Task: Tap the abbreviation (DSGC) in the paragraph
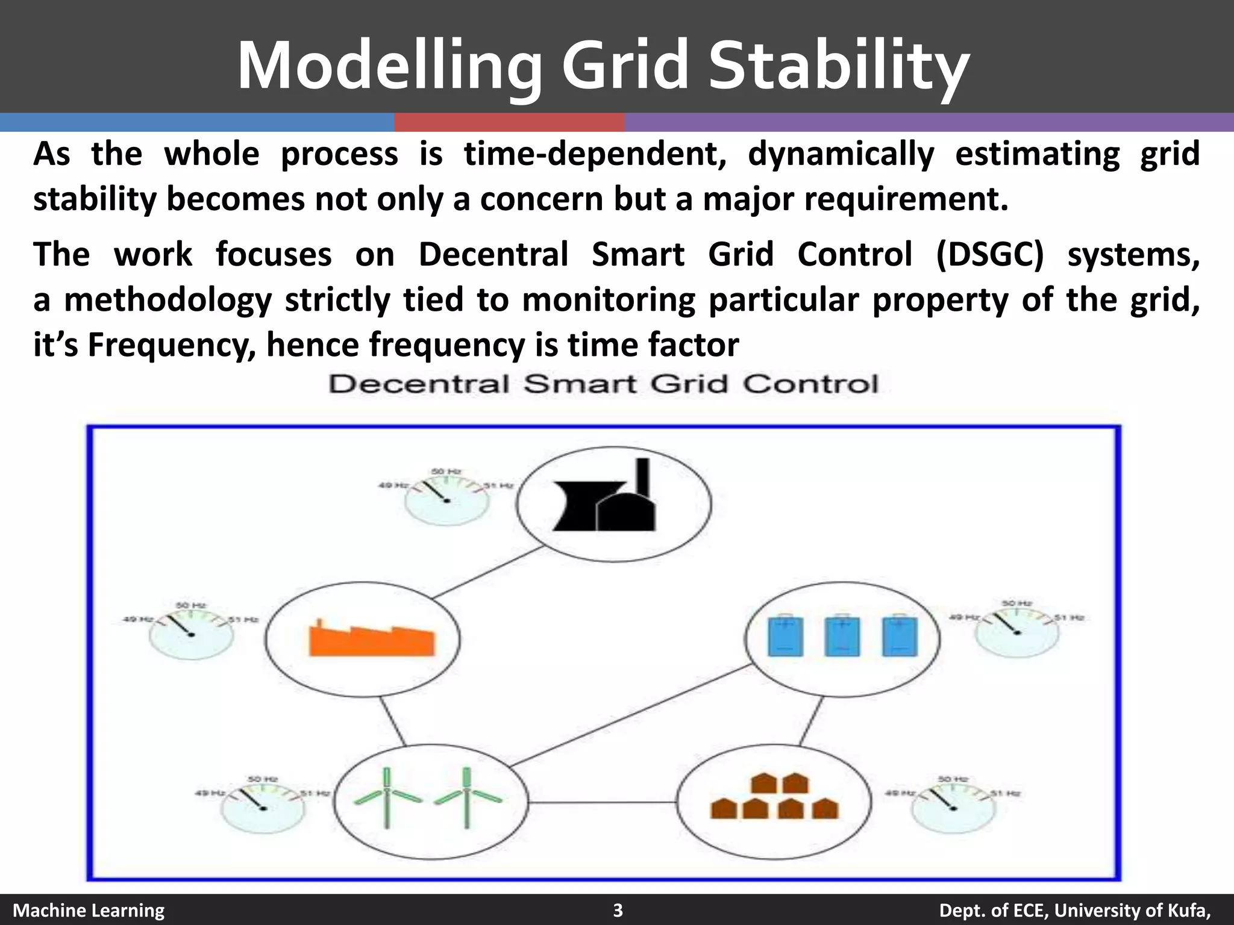click(989, 254)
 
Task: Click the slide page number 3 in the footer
click(618, 910)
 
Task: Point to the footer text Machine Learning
click(89, 910)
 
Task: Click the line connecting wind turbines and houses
click(603, 802)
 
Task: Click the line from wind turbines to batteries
click(630, 716)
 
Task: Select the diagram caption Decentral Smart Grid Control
click(603, 384)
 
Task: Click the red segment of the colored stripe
click(509, 123)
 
